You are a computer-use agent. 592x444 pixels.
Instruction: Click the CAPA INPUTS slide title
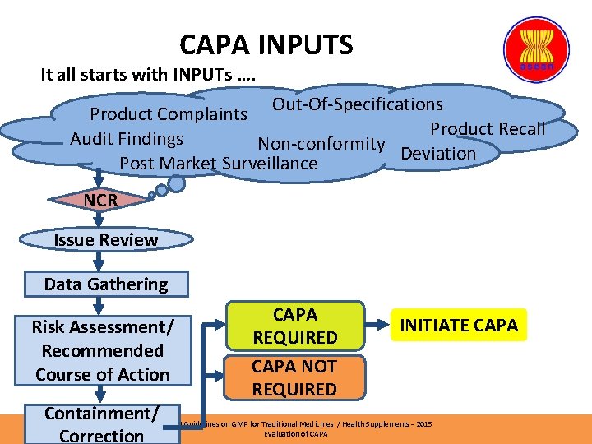coord(266,44)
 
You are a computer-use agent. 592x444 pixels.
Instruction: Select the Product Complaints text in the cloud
coord(169,114)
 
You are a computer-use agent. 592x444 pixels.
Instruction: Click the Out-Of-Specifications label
coord(357,104)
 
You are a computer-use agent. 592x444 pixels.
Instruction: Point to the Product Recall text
coord(488,128)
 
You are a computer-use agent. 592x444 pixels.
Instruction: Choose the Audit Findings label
coord(127,139)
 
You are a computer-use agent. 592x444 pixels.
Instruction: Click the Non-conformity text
coord(321,144)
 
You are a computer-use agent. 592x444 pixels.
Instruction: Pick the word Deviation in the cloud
coord(438,153)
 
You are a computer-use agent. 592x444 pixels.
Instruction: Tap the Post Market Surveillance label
coord(218,164)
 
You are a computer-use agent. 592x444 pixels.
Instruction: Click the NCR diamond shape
coord(100,200)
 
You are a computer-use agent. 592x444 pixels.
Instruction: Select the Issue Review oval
coord(105,240)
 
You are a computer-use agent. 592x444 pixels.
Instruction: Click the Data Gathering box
coord(105,284)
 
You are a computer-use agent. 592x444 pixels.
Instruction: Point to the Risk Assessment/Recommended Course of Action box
coord(102,351)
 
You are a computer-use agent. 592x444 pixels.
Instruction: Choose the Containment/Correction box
coord(102,423)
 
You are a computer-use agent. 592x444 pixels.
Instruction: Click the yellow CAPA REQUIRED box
coord(294,326)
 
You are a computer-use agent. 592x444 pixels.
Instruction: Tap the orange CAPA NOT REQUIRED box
coord(294,377)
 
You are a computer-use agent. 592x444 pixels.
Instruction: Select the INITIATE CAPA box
coord(459,325)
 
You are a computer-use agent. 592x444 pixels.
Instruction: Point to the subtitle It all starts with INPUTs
coord(148,75)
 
